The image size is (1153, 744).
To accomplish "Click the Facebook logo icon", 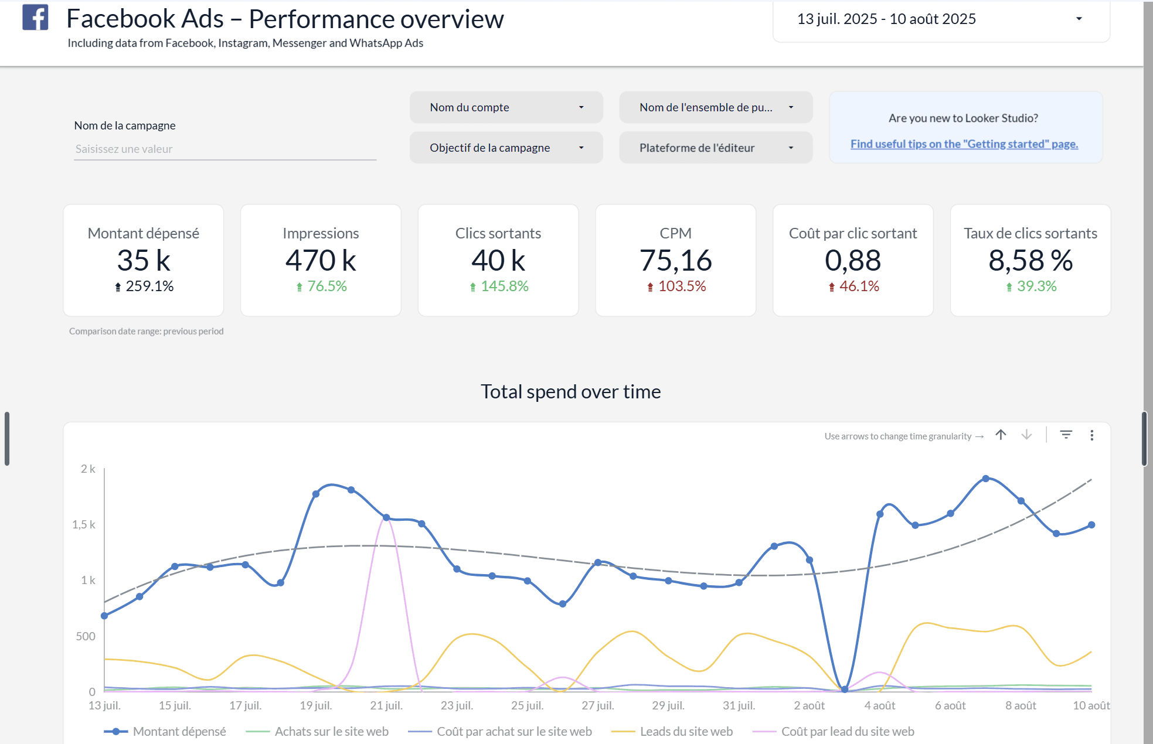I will point(35,18).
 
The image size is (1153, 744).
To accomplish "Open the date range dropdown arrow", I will point(1079,19).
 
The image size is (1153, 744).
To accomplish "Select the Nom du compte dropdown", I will point(506,107).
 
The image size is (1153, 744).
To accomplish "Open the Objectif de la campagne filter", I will point(506,148).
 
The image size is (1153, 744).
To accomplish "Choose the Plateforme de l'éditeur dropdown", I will point(715,148).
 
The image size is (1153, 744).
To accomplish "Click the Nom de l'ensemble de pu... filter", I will point(715,107).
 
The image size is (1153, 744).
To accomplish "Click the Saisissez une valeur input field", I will point(225,149).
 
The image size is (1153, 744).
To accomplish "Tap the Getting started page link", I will point(964,144).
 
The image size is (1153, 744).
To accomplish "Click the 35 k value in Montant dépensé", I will point(144,261).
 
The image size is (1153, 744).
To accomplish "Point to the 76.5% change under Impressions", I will point(326,286).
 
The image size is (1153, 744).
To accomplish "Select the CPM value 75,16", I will point(675,261).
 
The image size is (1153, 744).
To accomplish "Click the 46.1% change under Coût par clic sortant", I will point(859,286).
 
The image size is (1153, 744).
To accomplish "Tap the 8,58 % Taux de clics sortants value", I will point(1030,261).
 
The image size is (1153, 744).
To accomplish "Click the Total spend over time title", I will point(570,391).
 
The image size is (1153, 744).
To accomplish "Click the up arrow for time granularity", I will point(1001,435).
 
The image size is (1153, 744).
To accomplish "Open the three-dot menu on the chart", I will point(1091,435).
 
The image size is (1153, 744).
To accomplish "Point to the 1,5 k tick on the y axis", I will point(84,524).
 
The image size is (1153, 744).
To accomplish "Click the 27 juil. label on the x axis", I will point(597,705).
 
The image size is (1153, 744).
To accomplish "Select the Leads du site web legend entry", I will point(686,731).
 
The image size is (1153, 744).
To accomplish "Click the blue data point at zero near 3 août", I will point(845,690).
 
